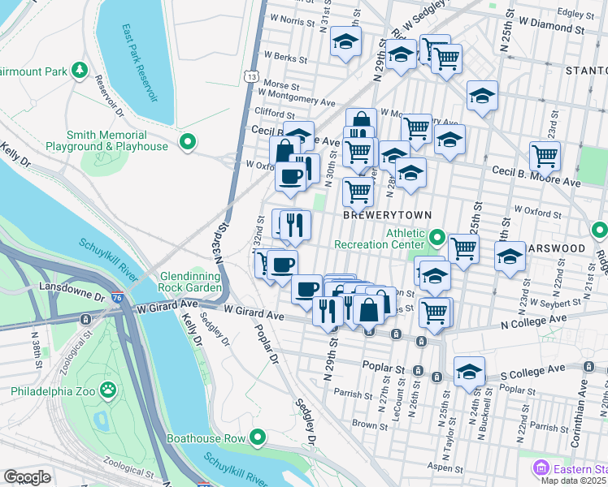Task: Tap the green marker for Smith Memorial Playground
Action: [x=188, y=143]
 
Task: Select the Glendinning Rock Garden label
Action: [x=190, y=282]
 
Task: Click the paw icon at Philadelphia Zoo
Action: [x=107, y=390]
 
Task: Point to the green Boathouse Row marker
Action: [x=258, y=438]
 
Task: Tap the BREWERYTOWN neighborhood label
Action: [x=384, y=217]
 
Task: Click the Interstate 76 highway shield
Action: [x=119, y=299]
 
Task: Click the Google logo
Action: [x=27, y=477]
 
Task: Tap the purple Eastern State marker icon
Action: [x=541, y=468]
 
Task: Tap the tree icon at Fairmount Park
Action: [x=79, y=71]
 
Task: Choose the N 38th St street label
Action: [x=37, y=350]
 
